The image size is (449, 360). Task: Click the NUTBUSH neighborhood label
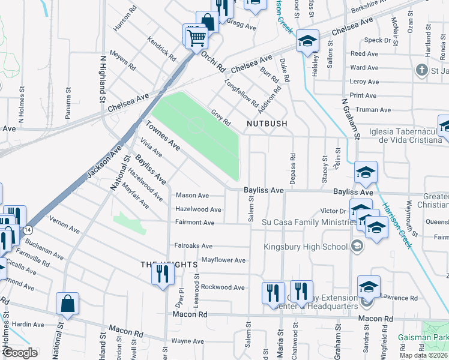[267, 124]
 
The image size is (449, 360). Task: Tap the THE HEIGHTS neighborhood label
[160, 264]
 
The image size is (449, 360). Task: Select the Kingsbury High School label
[305, 247]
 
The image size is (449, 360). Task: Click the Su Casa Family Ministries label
[306, 223]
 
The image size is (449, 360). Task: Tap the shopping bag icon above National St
[67, 305]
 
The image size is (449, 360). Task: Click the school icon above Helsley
[307, 42]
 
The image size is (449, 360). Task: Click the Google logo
[20, 353]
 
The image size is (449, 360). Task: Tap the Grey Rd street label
[220, 116]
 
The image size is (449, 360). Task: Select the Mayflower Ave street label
[223, 260]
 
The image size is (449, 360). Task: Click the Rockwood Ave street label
[223, 287]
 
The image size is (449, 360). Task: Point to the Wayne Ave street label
[187, 341]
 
